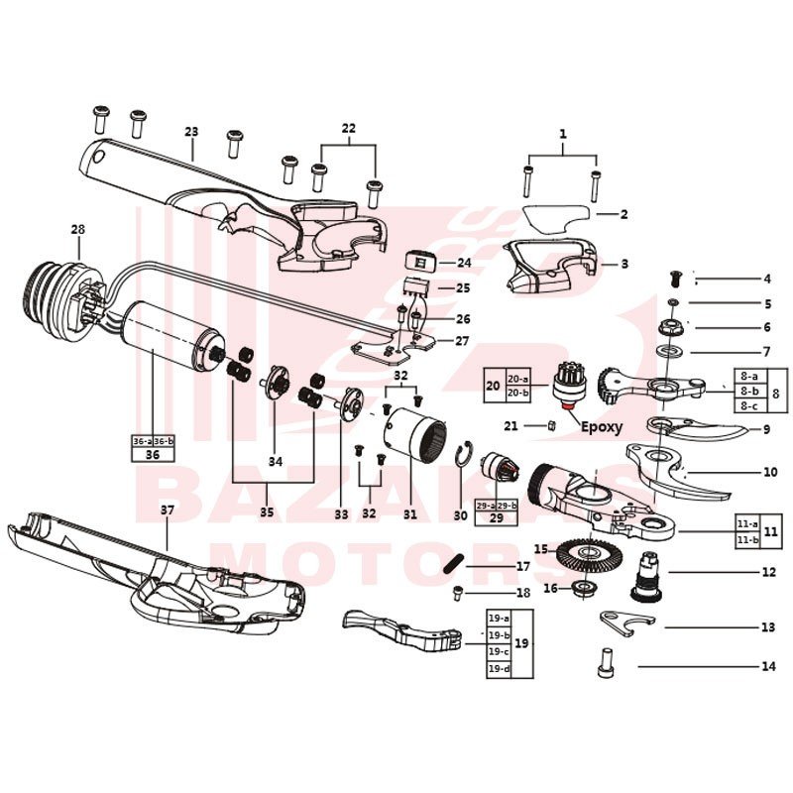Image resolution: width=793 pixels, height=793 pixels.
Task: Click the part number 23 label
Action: (x=191, y=132)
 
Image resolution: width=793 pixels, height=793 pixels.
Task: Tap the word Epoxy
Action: (x=602, y=427)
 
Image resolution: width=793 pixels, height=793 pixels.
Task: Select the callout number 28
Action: (x=78, y=229)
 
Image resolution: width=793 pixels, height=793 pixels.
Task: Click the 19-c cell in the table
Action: (x=498, y=651)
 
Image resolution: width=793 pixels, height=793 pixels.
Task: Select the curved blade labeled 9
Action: (x=694, y=430)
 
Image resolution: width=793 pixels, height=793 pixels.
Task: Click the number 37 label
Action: (x=167, y=510)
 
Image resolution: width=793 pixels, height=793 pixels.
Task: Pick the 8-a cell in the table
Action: (x=748, y=377)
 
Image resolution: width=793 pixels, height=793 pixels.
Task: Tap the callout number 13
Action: (x=767, y=627)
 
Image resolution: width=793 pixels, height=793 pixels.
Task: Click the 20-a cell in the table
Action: (x=518, y=379)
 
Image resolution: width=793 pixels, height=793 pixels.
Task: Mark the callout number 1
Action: (x=562, y=132)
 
